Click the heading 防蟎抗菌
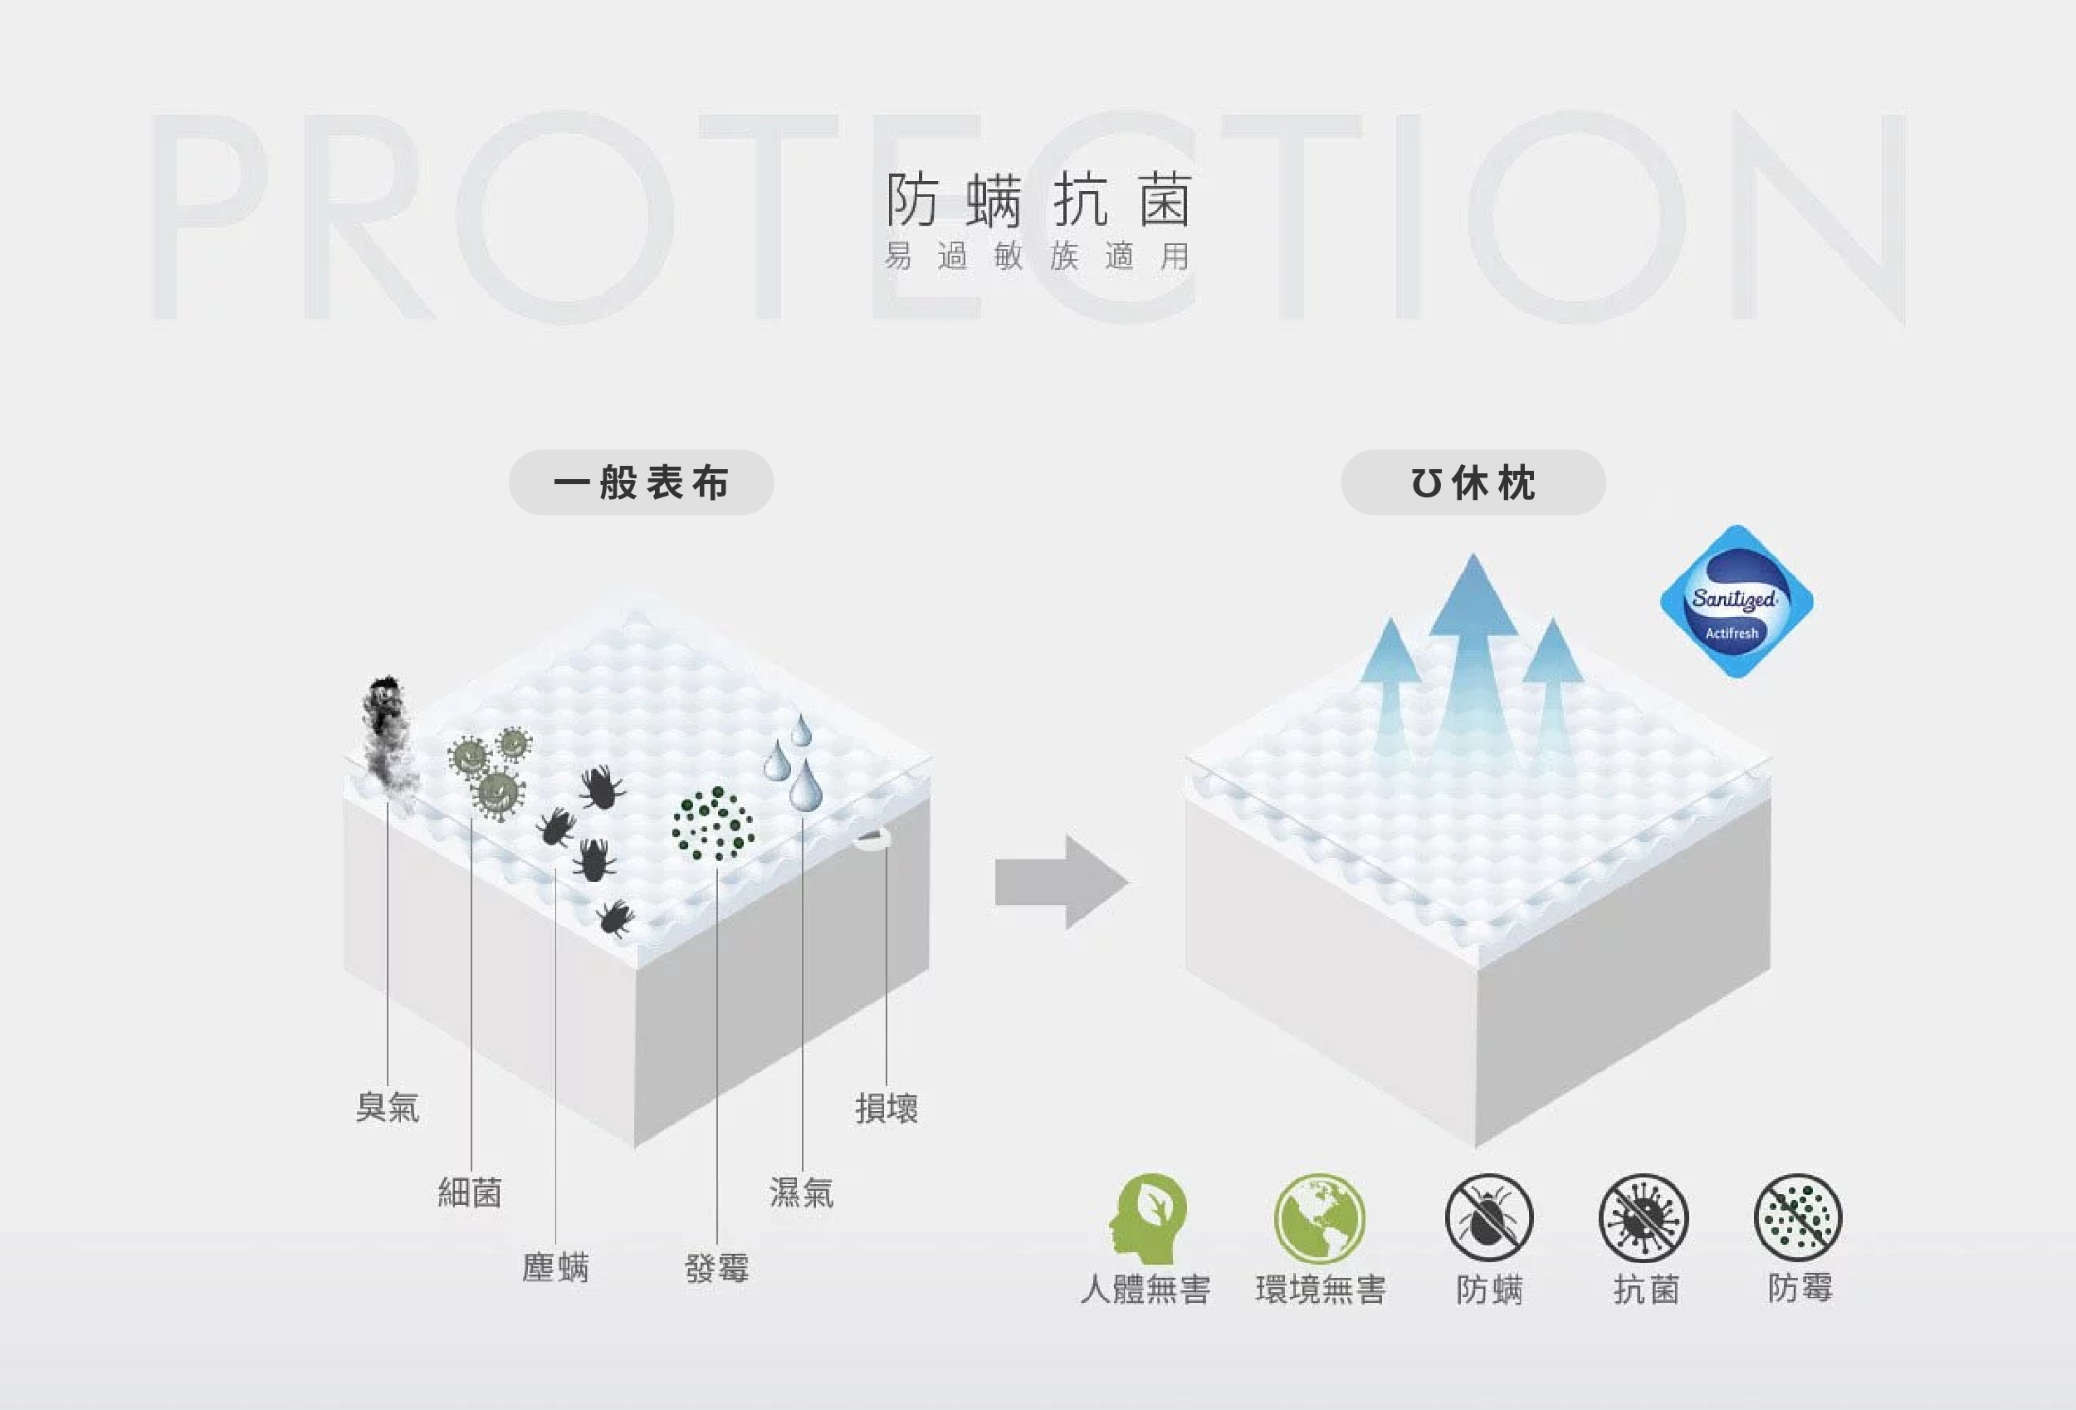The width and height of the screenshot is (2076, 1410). (1038, 199)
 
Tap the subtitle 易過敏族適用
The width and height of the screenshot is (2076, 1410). (1038, 257)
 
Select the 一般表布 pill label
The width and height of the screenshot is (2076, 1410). (642, 482)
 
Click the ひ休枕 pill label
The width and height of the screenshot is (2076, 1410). (1473, 482)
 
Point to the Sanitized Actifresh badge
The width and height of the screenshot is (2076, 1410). (1736, 601)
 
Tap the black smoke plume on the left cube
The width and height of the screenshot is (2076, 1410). (388, 737)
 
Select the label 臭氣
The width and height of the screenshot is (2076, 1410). (387, 1107)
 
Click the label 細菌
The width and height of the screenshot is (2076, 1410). (470, 1192)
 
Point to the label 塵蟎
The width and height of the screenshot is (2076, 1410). (554, 1267)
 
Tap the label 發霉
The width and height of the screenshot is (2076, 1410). (716, 1267)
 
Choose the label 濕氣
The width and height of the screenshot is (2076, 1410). (801, 1192)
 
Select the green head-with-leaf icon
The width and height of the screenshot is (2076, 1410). (1147, 1218)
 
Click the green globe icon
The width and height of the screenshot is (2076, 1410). (1319, 1218)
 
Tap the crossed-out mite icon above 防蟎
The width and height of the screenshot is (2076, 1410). (1488, 1218)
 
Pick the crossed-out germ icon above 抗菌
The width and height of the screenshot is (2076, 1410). (1644, 1218)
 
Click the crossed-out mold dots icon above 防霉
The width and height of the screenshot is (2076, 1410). (1798, 1217)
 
